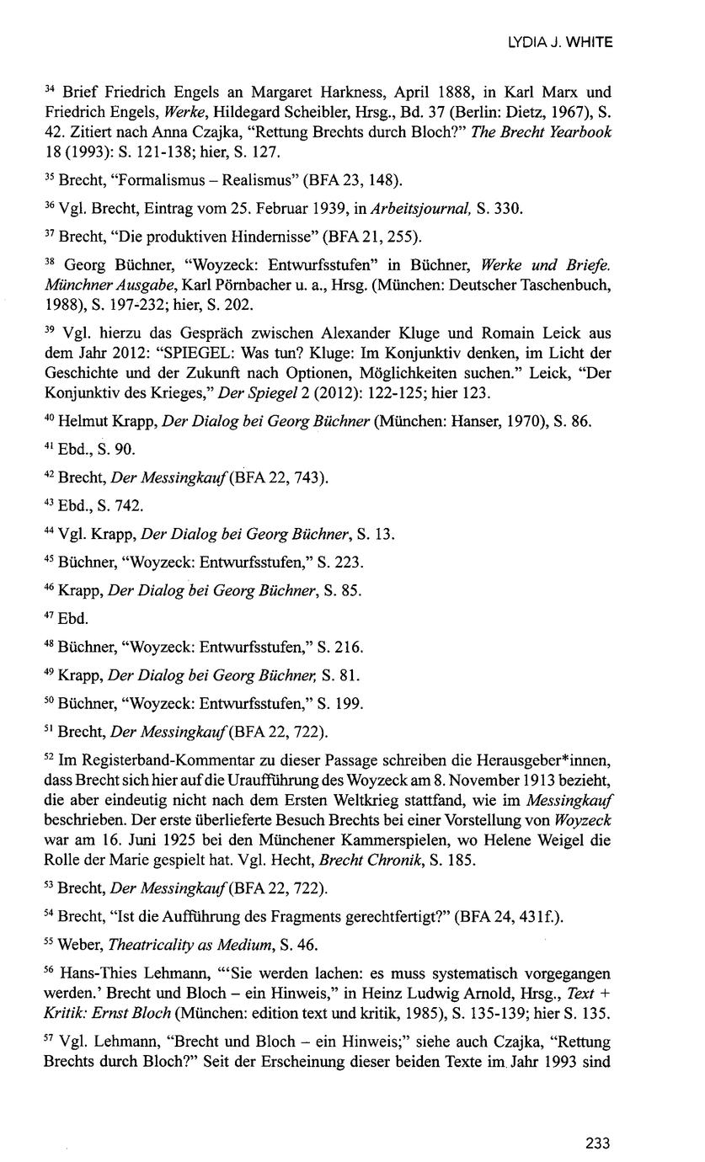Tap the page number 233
597,1143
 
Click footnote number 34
50,88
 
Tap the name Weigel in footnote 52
558,840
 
